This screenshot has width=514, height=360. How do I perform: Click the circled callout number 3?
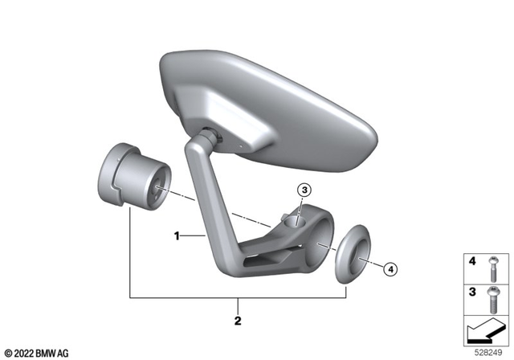click(x=304, y=190)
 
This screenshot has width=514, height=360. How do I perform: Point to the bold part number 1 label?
click(x=177, y=236)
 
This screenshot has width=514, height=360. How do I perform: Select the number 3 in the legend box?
click(x=472, y=292)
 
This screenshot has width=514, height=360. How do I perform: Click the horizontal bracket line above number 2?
click(x=238, y=297)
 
